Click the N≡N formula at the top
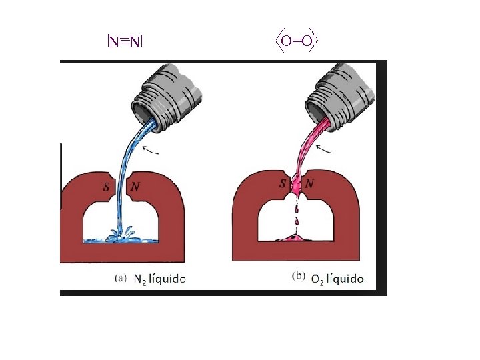125,43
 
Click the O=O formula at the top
297,42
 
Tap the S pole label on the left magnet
106,187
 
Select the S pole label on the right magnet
283,183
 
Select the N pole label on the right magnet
310,183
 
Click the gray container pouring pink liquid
343,94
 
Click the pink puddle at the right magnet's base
296,237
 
